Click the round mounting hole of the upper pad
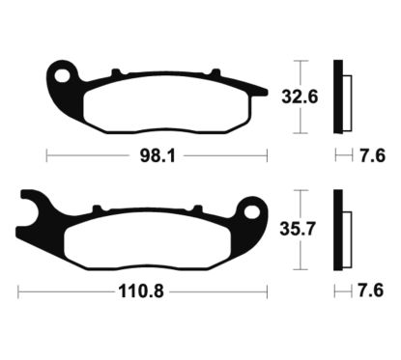coord(65,73)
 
